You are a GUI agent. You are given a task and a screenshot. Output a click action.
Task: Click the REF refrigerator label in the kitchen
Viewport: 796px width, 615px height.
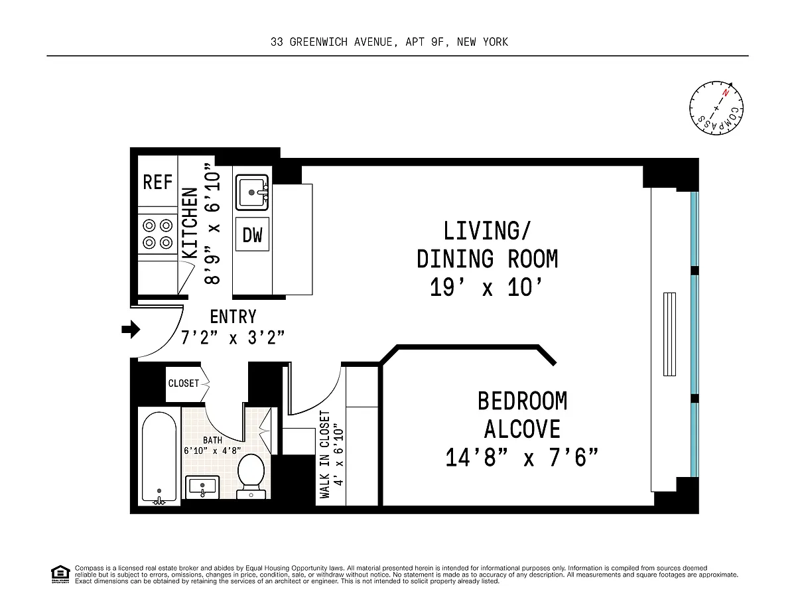point(157,182)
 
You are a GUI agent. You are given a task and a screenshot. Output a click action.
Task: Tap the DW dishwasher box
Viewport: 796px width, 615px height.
point(252,234)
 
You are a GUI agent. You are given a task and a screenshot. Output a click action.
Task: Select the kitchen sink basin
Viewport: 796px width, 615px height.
point(252,192)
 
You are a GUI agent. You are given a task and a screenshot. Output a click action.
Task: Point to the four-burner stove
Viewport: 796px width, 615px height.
point(157,234)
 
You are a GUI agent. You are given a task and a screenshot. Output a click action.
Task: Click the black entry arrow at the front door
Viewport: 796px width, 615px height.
point(131,329)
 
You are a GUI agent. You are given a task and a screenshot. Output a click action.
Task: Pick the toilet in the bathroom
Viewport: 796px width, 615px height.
point(251,476)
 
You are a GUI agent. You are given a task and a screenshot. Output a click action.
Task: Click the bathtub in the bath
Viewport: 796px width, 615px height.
point(159,458)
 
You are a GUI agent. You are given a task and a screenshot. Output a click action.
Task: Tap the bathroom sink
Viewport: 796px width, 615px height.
point(202,487)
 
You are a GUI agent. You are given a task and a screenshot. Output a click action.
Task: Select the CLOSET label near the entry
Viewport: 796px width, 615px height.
point(184,383)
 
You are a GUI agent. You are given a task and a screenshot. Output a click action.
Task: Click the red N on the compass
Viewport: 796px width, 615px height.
point(725,93)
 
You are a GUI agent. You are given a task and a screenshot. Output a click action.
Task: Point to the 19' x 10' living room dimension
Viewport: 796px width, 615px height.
point(486,287)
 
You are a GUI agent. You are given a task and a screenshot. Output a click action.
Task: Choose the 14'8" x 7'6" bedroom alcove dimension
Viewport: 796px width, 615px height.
point(521,458)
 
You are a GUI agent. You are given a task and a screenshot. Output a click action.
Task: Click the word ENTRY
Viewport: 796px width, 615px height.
point(233,317)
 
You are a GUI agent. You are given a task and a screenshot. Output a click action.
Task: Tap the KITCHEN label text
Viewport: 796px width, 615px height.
point(190,223)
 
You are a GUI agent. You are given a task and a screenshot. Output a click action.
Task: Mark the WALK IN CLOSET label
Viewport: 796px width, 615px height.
point(325,454)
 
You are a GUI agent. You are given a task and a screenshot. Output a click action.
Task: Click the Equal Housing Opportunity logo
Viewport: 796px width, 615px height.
point(60,575)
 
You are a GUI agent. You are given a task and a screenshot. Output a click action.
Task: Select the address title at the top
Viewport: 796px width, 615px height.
point(389,42)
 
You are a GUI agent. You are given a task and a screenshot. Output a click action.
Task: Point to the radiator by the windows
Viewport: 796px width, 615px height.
point(669,334)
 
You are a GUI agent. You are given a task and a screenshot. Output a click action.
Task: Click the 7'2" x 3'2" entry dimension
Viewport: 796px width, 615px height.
point(233,337)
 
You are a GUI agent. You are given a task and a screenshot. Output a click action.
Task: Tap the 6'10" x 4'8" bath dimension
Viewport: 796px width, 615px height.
point(212,450)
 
